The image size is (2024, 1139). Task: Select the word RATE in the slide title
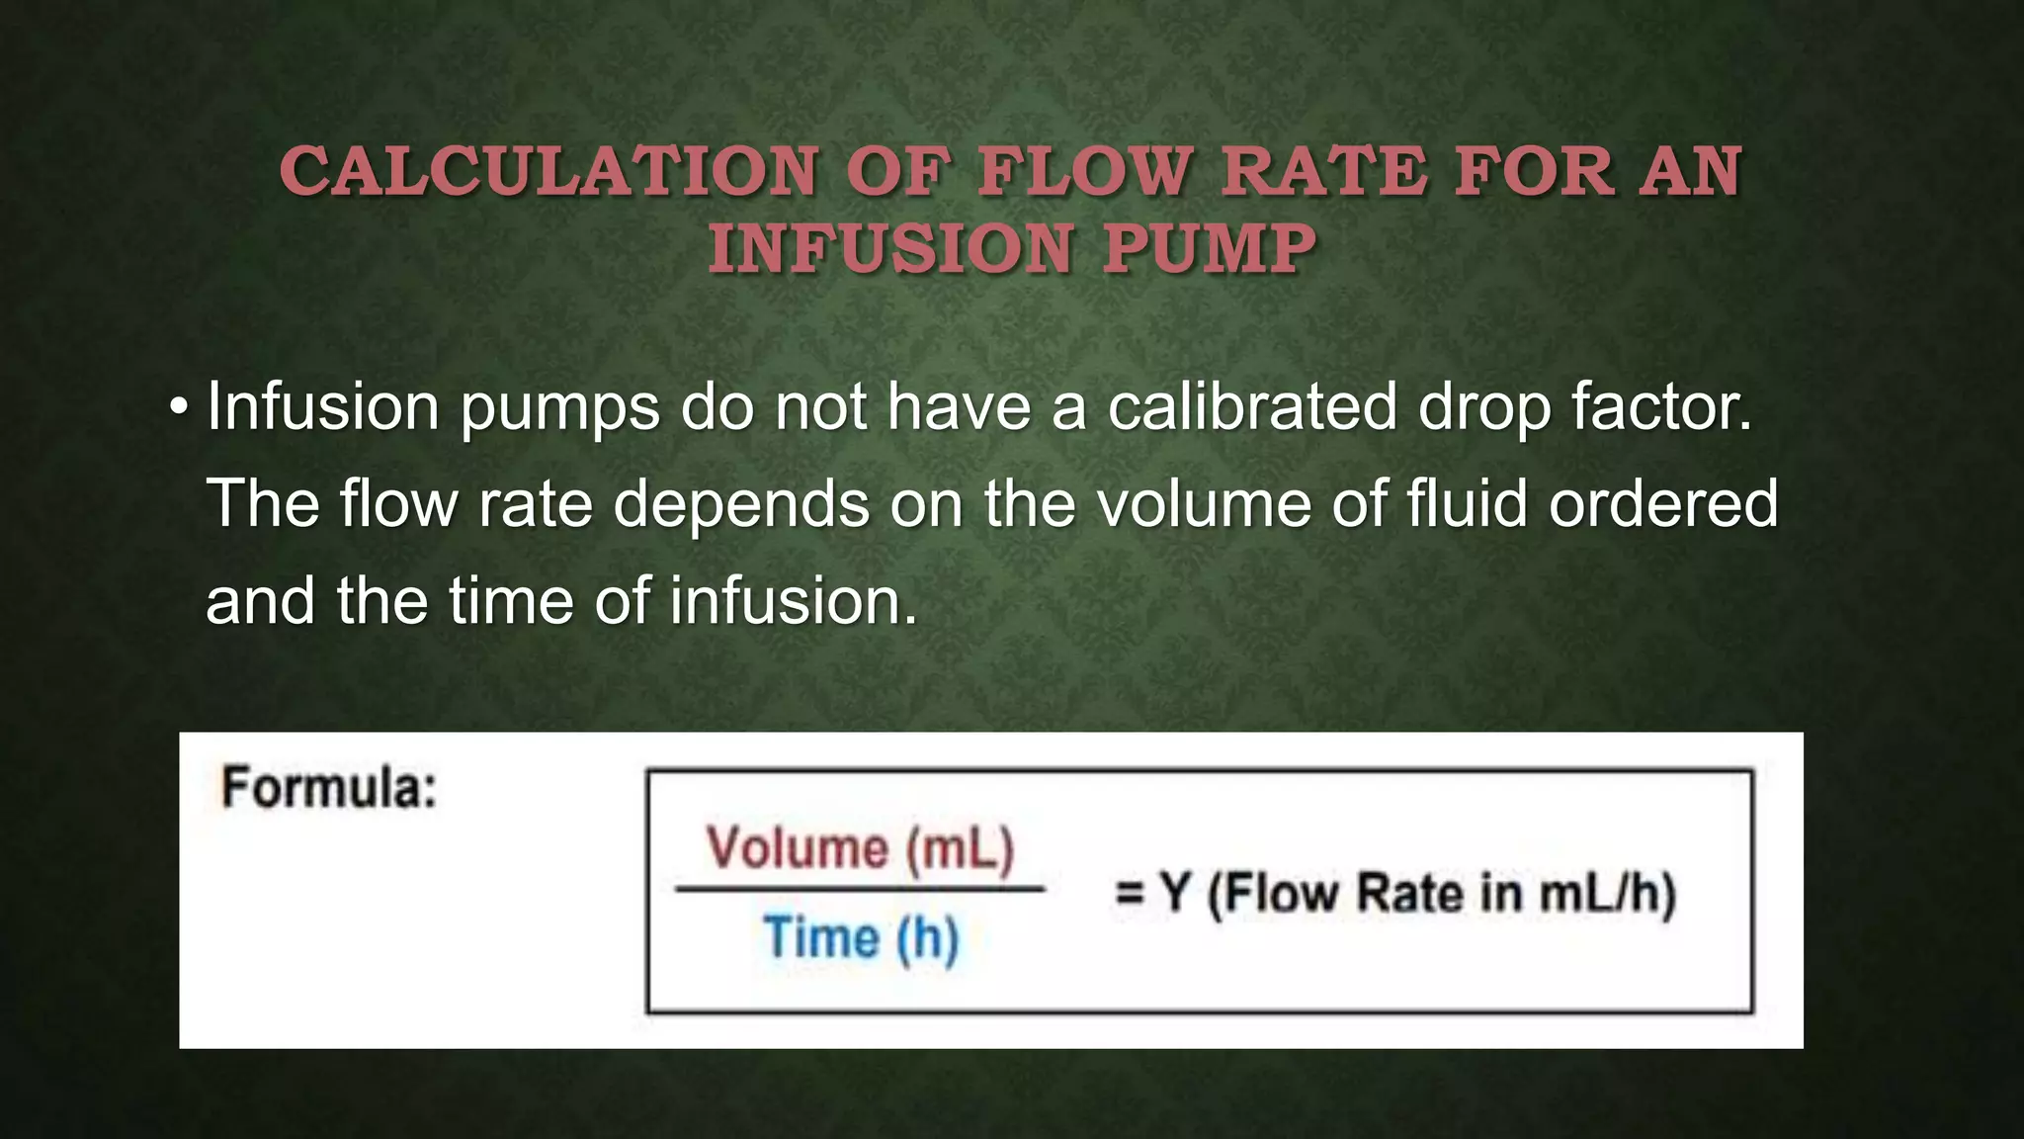[x=1324, y=172]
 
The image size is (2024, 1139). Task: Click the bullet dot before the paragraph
[x=178, y=407]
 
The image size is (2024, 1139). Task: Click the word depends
[x=741, y=504]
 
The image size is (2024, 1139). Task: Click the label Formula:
[x=329, y=789]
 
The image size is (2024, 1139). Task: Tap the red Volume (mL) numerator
[x=860, y=848]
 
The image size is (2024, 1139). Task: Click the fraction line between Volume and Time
[x=860, y=890]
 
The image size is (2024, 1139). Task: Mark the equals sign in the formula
[x=1130, y=893]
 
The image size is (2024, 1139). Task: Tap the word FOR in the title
[x=1522, y=172]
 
